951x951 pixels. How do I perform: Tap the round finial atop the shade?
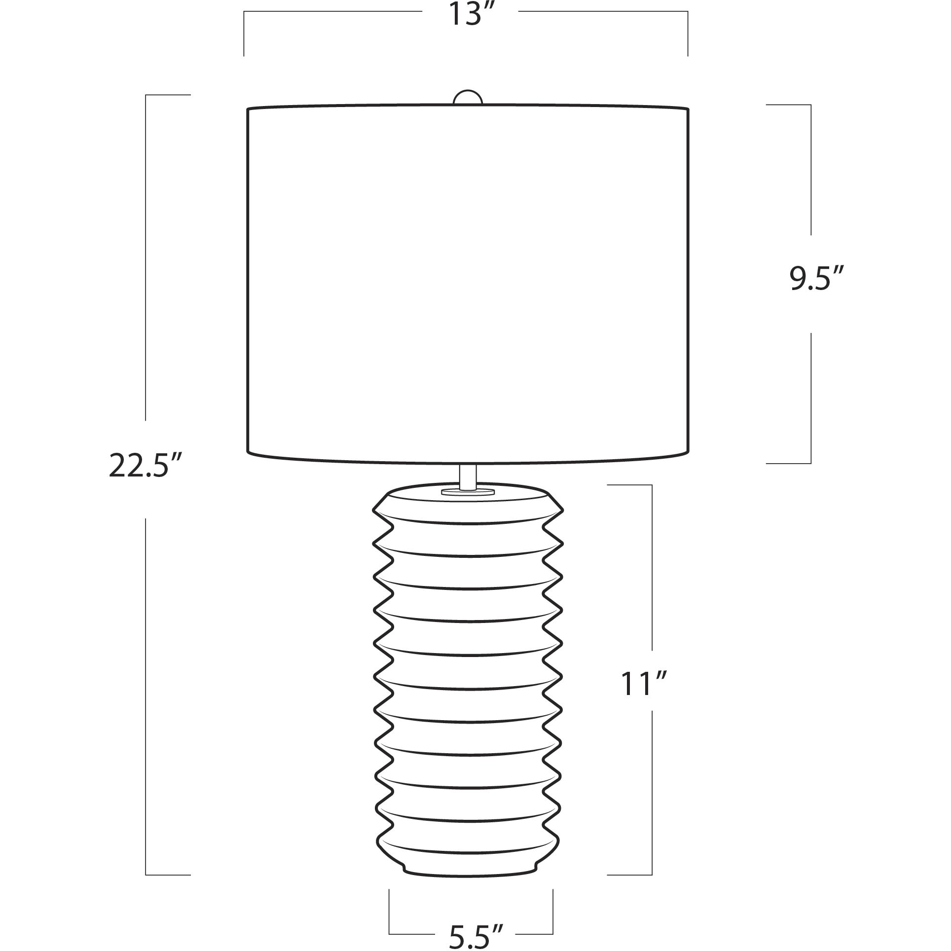[468, 98]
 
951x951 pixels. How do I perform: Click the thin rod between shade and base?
[468, 476]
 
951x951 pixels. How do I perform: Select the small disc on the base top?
[468, 492]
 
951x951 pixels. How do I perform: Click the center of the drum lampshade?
[468, 284]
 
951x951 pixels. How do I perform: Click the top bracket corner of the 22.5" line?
[146, 95]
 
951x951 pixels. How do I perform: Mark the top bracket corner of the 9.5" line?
[811, 105]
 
